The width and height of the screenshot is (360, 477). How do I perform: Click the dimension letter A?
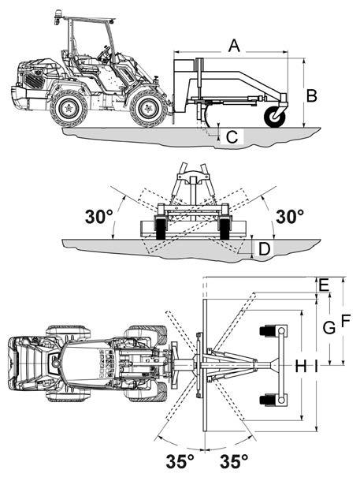click(x=234, y=46)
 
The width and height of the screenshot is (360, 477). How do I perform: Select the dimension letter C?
click(x=232, y=137)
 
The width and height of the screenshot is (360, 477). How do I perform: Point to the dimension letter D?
click(x=264, y=249)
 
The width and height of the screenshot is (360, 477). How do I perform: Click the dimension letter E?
click(x=324, y=285)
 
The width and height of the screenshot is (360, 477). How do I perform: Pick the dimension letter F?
click(x=346, y=320)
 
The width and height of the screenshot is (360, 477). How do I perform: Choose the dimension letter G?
click(x=329, y=328)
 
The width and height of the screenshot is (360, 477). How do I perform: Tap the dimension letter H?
click(x=301, y=366)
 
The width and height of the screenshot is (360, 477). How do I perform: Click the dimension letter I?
click(x=316, y=366)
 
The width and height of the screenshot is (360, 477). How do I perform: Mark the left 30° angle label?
click(x=98, y=217)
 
